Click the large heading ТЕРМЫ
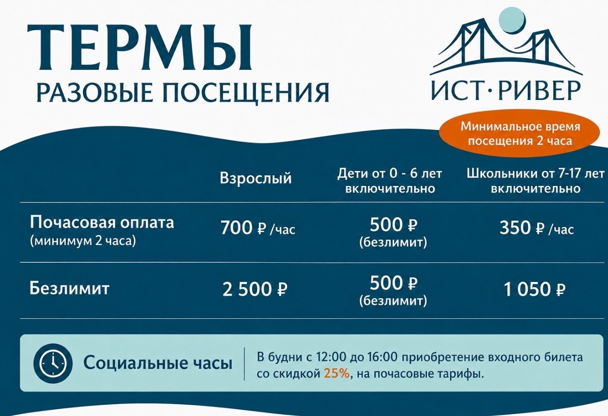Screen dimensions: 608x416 coord(140,48)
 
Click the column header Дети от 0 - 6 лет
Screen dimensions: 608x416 coord(390,174)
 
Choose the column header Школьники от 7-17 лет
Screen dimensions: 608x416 coord(536,174)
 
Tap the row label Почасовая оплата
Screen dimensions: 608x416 coord(102,223)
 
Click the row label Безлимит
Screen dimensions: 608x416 coord(69,288)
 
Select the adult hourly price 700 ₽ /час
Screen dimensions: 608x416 coord(258,228)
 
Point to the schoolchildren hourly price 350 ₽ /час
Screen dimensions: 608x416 coord(537,228)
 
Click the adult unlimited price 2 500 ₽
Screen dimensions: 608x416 coord(255,290)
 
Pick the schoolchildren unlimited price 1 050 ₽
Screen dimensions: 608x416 coord(535,290)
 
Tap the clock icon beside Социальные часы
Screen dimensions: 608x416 coord(53,364)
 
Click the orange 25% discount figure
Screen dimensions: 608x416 coord(336,374)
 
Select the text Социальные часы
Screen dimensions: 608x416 coord(158,363)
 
